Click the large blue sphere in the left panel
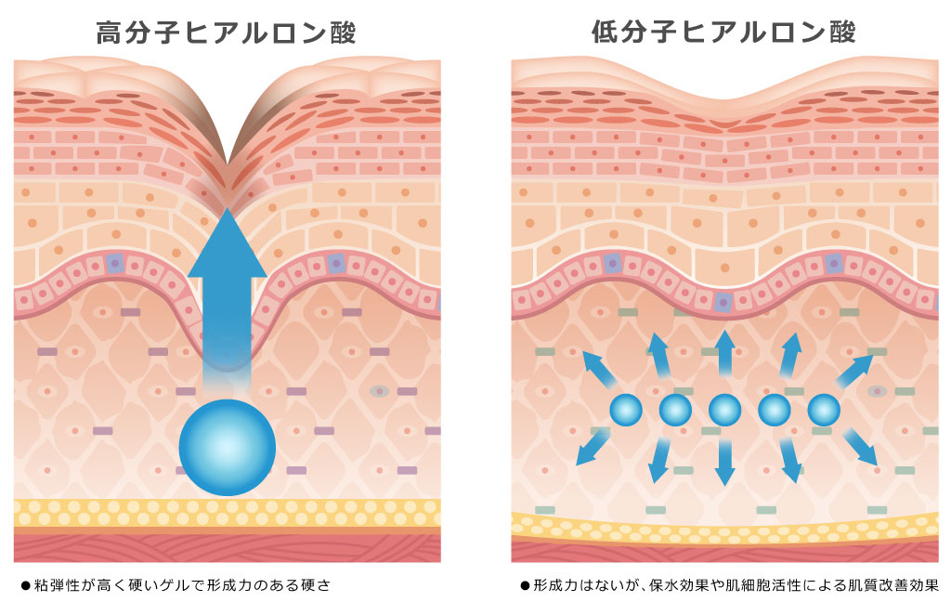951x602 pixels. coord(228,447)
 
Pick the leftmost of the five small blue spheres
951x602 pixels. coord(626,410)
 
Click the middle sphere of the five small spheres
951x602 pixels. coord(724,410)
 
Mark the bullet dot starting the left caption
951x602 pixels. coord(26,586)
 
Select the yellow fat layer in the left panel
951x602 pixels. coord(228,513)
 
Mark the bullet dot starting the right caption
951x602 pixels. coord(525,586)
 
